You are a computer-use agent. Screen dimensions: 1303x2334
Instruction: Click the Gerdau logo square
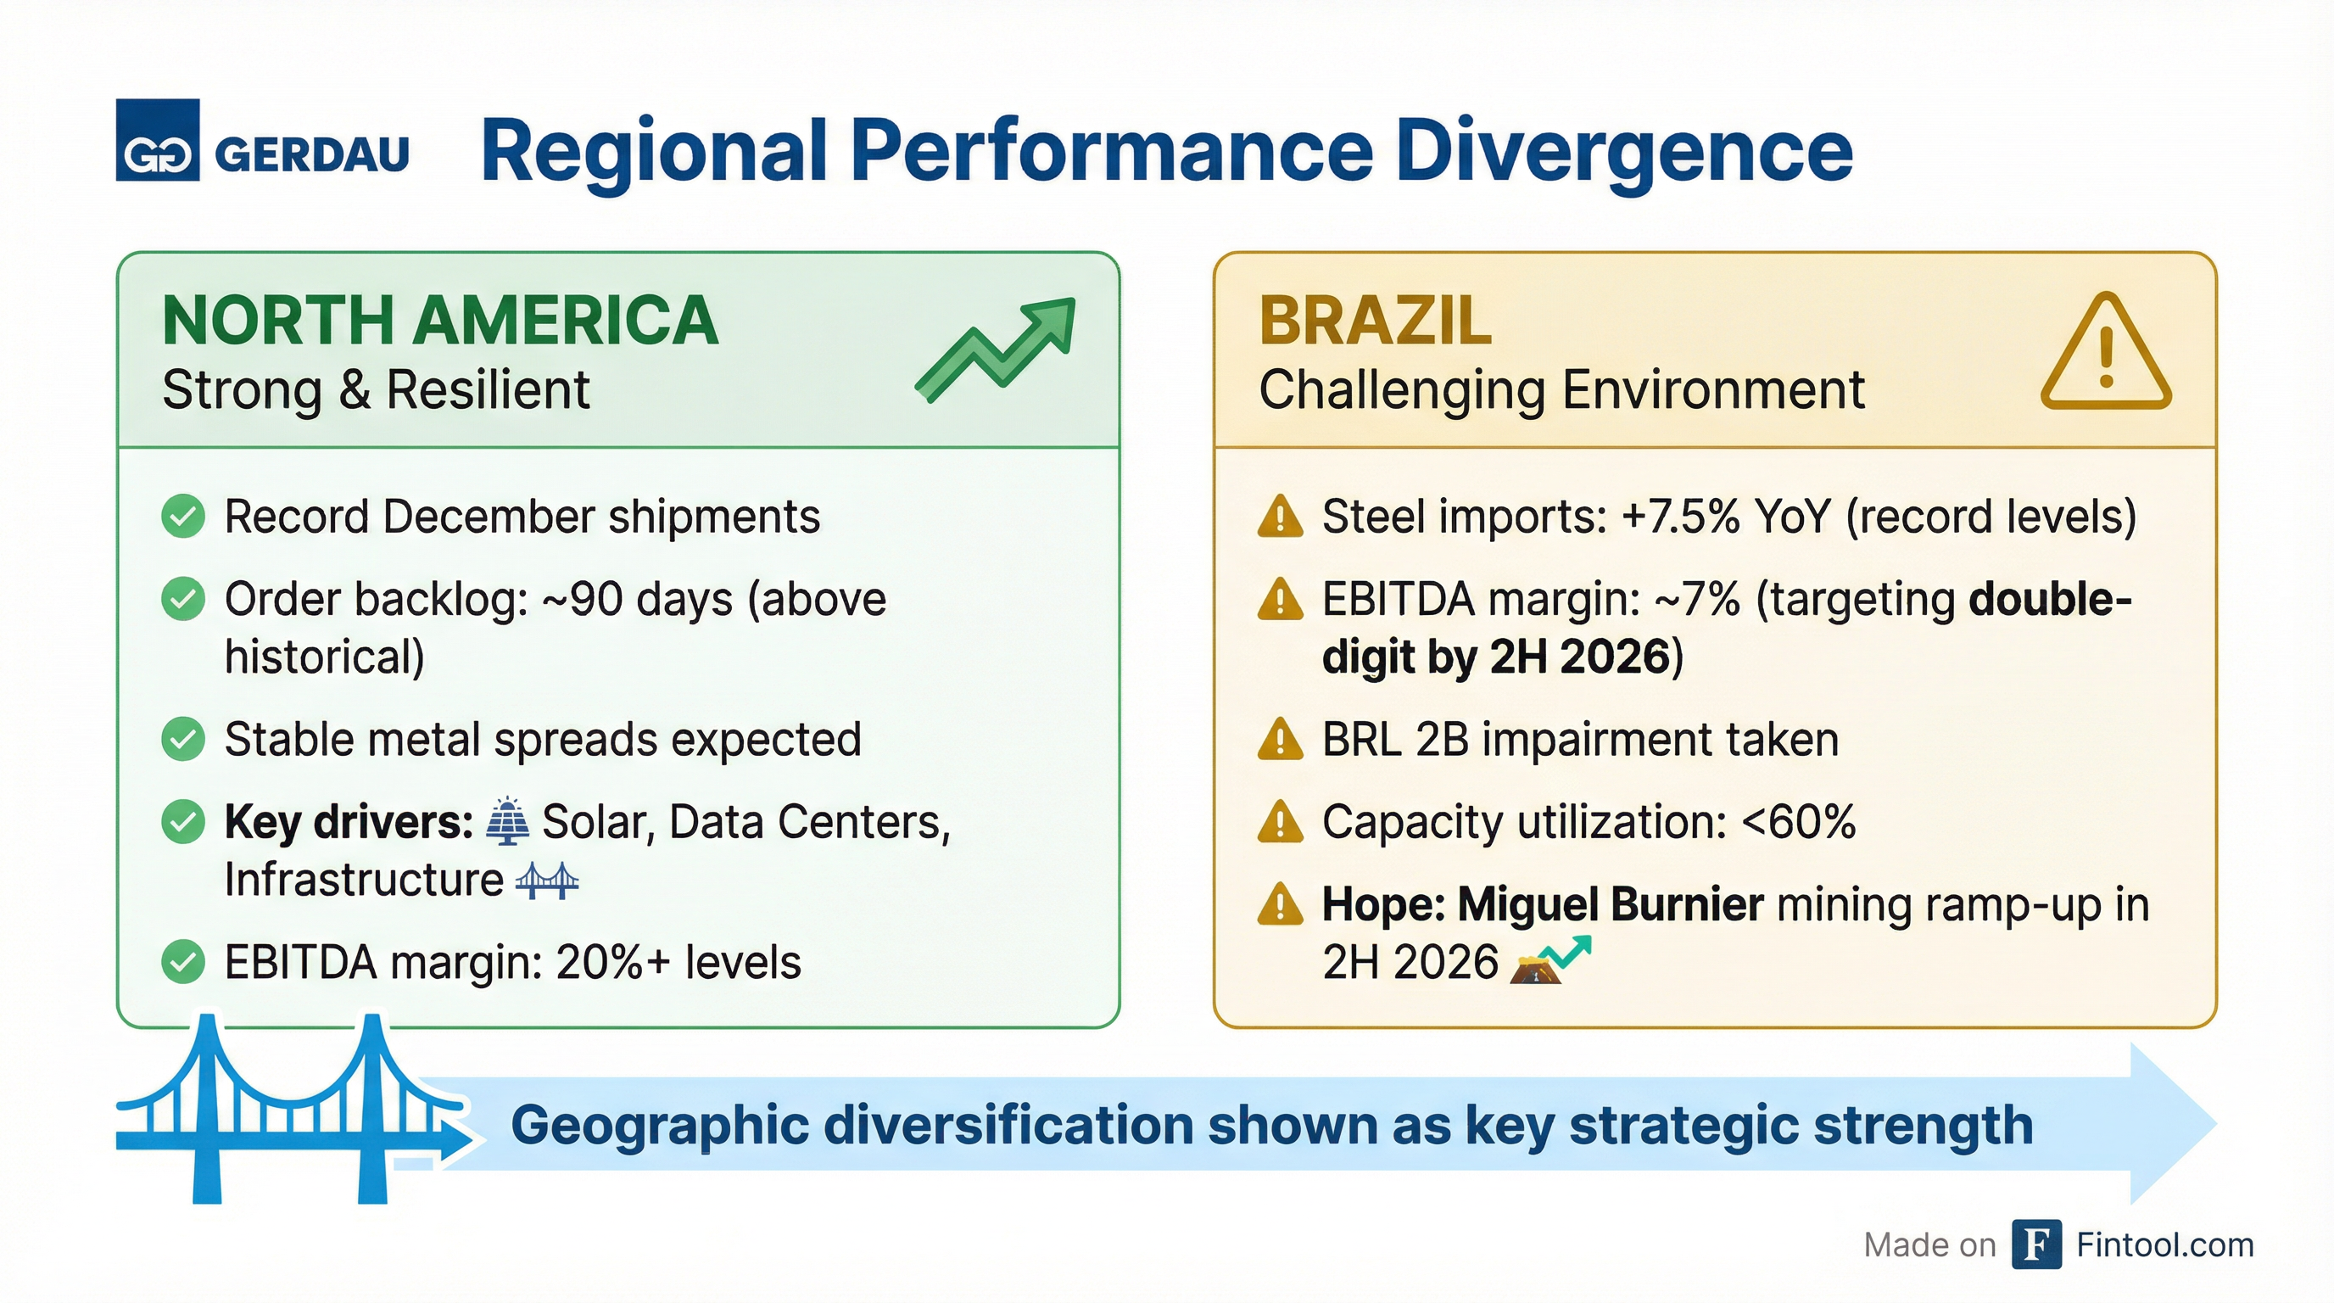point(158,141)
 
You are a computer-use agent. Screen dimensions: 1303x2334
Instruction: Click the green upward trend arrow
point(997,349)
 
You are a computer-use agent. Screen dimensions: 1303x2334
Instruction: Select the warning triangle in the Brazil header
point(2106,354)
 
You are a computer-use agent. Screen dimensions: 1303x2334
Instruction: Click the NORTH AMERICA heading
point(440,321)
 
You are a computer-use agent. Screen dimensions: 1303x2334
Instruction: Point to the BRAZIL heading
point(1375,321)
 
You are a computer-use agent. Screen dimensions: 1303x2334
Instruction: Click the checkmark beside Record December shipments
point(183,517)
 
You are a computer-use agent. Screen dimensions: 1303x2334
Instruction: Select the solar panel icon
point(507,822)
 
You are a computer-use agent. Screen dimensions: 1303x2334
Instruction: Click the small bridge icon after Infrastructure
point(546,880)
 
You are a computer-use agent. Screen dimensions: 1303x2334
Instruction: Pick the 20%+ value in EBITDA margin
point(612,962)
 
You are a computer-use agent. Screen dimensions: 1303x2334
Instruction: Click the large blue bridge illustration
point(281,1110)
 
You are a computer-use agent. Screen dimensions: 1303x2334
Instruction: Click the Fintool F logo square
point(2036,1244)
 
